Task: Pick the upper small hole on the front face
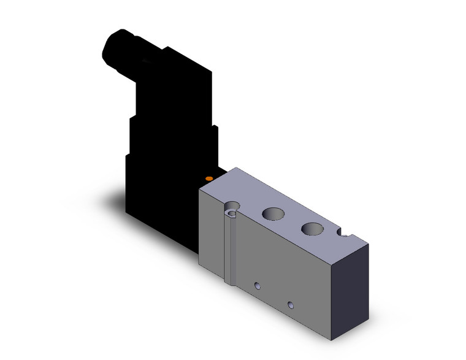(258, 285)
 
